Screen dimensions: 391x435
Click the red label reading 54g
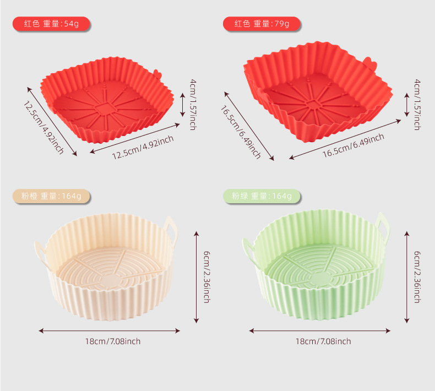(51, 24)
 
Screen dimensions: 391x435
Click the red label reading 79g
(262, 24)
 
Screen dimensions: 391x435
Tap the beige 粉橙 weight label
(51, 196)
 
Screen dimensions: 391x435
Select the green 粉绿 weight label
(262, 196)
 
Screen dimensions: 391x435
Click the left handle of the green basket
(249, 251)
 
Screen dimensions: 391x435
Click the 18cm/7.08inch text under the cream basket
(112, 341)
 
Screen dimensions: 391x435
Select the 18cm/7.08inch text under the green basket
(323, 341)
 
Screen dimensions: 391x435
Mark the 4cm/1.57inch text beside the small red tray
(193, 104)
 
